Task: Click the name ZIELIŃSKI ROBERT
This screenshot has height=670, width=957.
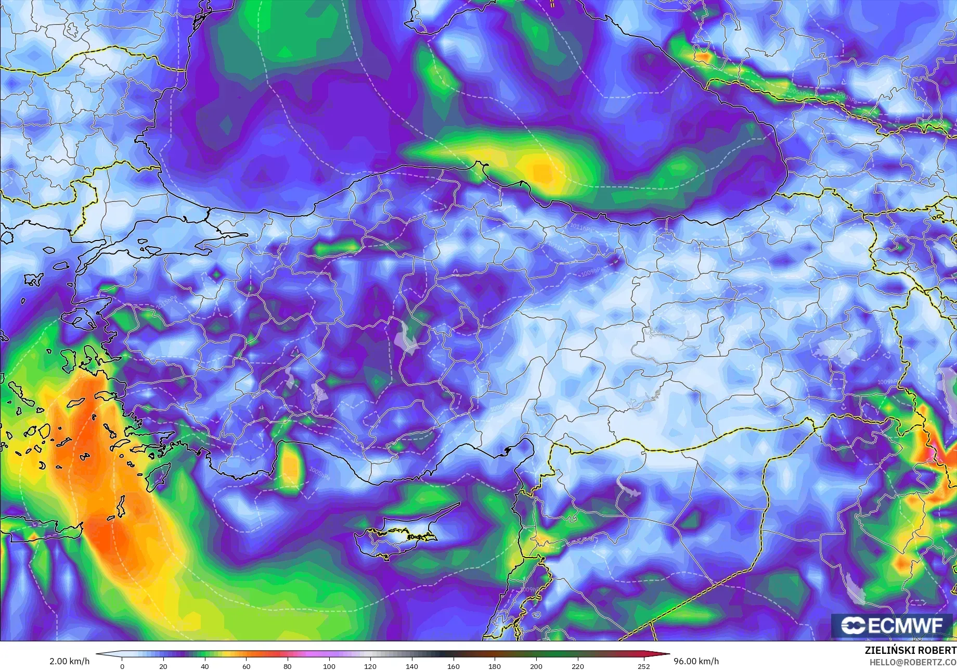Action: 910,651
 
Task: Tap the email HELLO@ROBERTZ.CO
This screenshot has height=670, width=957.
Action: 913,662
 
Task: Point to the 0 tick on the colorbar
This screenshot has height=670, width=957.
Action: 122,666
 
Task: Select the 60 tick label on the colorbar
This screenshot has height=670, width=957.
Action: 246,666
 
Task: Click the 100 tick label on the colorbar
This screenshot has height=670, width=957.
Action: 329,666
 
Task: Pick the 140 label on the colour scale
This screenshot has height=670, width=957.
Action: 411,666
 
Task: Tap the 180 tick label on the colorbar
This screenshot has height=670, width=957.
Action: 495,666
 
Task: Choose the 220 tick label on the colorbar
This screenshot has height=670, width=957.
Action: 577,666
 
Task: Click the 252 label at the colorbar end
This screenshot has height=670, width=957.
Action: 644,666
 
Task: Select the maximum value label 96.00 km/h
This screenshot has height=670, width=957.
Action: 696,661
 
